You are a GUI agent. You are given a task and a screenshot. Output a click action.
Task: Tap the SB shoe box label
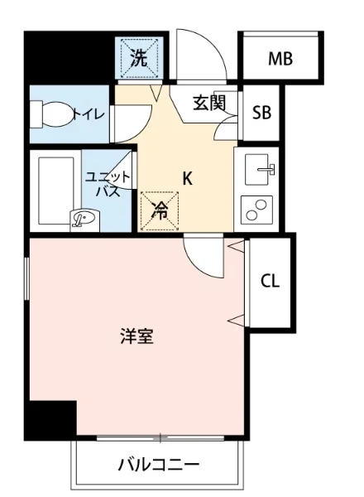point(262,112)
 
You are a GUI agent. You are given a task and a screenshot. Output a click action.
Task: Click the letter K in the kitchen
point(188,177)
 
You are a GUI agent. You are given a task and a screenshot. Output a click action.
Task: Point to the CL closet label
point(271,281)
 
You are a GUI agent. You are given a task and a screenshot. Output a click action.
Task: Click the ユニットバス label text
point(108,183)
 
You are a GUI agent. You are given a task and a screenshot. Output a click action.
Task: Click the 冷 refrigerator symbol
point(160,210)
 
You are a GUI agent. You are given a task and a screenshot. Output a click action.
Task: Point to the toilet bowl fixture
point(52,113)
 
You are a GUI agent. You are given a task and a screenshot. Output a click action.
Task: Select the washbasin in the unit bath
point(85,219)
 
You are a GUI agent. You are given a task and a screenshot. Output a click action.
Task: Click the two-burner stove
point(257,210)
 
